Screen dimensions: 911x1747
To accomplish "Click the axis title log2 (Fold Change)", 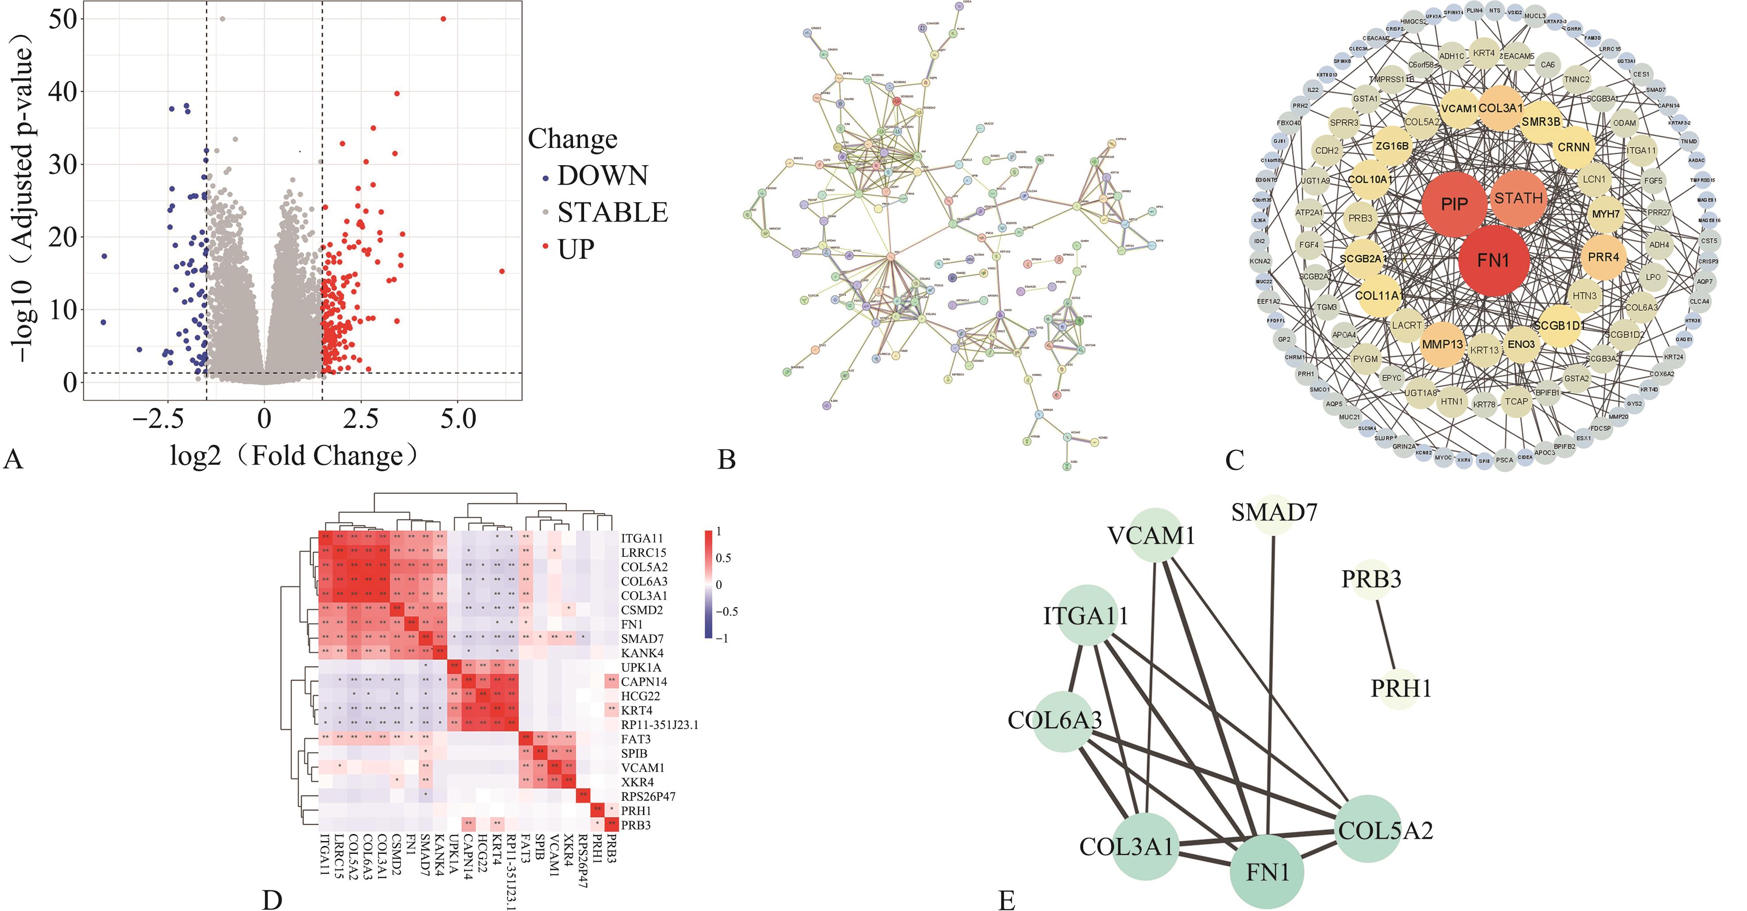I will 293,456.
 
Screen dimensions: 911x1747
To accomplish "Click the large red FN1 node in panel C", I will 1493,260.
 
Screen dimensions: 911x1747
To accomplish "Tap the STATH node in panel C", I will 1518,198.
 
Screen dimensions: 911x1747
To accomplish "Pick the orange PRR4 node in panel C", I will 1603,257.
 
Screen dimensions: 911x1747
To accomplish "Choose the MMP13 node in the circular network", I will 1442,345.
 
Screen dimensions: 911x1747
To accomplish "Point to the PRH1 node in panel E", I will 1400,689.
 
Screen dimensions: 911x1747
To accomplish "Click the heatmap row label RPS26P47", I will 648,796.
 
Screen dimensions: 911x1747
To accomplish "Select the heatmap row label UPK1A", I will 641,667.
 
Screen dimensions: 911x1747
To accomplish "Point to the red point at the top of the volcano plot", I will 444,19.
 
